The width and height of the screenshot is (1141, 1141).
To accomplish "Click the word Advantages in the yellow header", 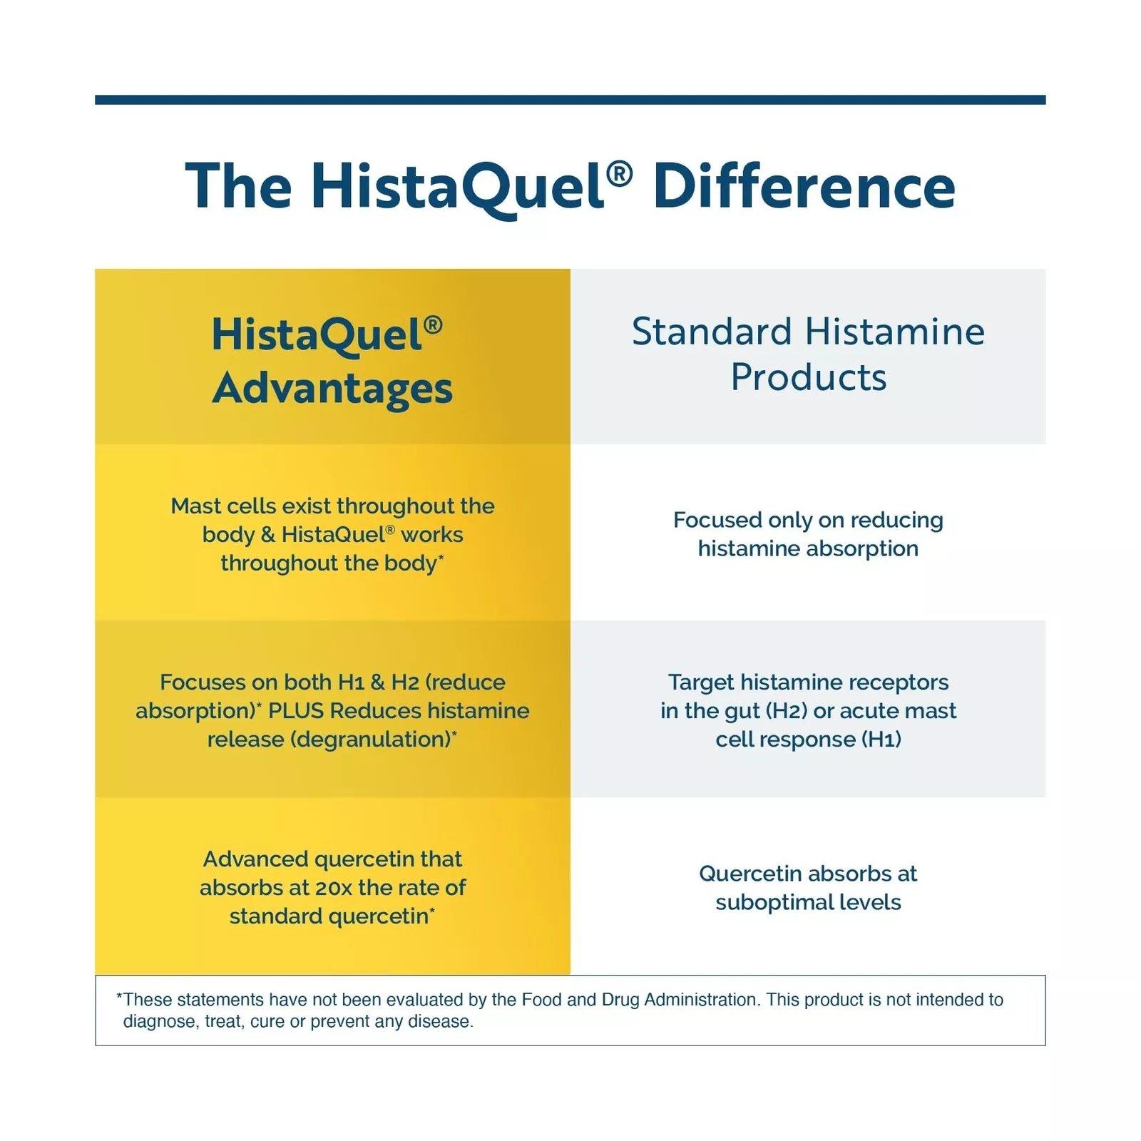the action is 332,389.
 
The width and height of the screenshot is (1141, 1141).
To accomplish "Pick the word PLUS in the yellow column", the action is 296,711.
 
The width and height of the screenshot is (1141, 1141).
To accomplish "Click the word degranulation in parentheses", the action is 371,740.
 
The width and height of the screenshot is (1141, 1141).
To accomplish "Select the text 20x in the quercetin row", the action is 334,888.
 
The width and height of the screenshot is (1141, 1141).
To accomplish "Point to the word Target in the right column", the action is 702,683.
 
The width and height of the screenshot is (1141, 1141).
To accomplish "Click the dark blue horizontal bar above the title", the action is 570,100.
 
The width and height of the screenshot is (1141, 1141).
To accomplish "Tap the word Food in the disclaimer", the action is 542,1000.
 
